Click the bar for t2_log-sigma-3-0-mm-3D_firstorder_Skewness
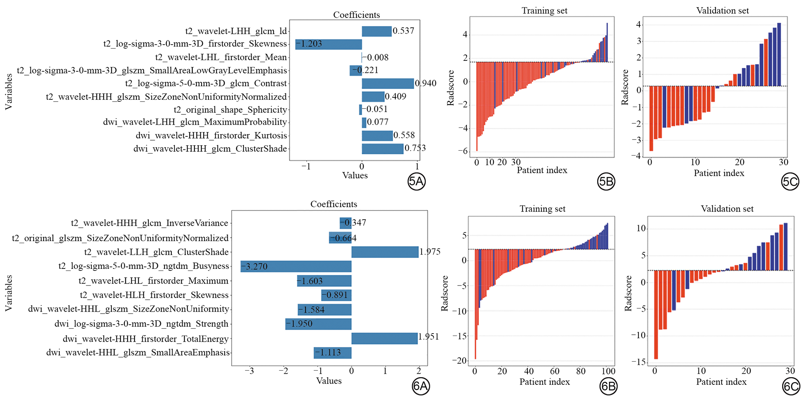point(328,44)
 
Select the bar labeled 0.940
point(388,84)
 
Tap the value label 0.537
point(403,31)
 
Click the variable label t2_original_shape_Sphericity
point(230,110)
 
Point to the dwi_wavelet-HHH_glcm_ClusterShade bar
point(382,149)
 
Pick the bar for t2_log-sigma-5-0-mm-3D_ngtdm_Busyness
point(296,267)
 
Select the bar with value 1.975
point(385,252)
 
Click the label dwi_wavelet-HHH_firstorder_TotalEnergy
point(146,339)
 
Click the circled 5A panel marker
point(416,181)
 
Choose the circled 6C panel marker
point(791,386)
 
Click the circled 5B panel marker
point(606,181)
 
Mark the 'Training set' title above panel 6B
point(542,209)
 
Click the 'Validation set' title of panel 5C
point(722,11)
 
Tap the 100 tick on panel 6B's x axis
point(608,371)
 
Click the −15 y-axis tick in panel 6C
point(638,362)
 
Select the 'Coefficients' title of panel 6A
point(334,204)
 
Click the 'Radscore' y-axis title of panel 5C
point(625,87)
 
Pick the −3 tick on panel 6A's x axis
point(250,371)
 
